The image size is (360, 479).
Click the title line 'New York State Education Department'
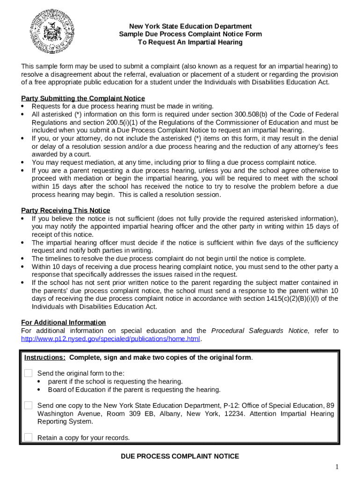click(x=190, y=26)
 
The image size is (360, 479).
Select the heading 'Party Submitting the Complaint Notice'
click(x=83, y=98)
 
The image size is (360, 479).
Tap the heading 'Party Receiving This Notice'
click(x=66, y=210)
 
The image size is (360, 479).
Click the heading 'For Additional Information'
click(x=64, y=322)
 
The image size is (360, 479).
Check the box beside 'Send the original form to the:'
click(x=29, y=373)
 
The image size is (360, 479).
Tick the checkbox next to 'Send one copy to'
click(x=29, y=405)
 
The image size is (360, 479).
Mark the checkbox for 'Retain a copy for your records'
click(x=29, y=437)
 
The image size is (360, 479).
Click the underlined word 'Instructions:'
click(x=45, y=357)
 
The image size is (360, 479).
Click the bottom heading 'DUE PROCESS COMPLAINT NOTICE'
click(x=180, y=456)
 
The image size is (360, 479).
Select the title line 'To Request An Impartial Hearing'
click(x=190, y=42)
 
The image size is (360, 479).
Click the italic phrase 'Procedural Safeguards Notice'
click(x=259, y=330)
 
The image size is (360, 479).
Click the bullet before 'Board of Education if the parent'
click(x=39, y=390)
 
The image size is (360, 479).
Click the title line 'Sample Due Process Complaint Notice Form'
click(x=190, y=34)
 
